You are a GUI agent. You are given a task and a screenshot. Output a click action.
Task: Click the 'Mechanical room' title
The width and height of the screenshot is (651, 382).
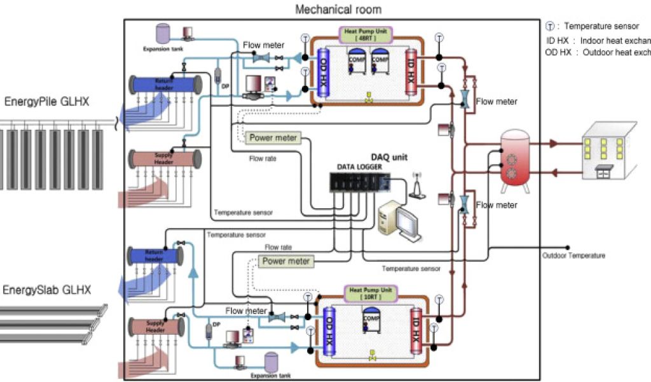[x=338, y=9]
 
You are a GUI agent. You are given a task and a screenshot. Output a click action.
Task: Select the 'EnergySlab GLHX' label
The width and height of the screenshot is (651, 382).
[x=46, y=290]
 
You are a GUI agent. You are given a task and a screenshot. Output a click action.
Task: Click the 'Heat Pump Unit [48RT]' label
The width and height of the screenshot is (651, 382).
[x=368, y=34]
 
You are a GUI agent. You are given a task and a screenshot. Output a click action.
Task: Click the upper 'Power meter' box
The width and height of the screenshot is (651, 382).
[x=273, y=138]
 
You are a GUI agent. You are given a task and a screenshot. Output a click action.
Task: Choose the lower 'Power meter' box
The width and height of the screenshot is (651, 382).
[x=286, y=261]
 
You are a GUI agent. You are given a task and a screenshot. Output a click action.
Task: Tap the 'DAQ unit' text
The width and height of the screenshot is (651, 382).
[x=389, y=157]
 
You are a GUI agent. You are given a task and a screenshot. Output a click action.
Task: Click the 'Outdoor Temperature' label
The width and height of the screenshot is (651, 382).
[x=573, y=256]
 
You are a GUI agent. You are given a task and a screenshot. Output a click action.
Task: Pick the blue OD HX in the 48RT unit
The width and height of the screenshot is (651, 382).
[x=322, y=72]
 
